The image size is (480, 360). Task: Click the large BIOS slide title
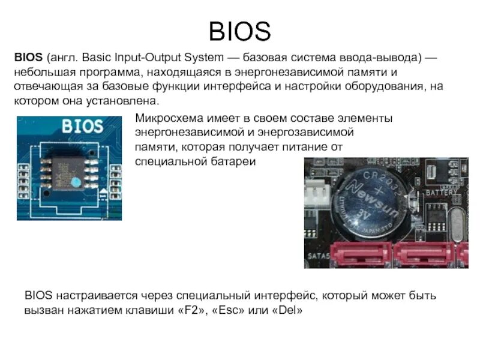239,31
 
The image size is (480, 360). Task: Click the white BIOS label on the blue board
82,127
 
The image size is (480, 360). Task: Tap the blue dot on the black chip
75,181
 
